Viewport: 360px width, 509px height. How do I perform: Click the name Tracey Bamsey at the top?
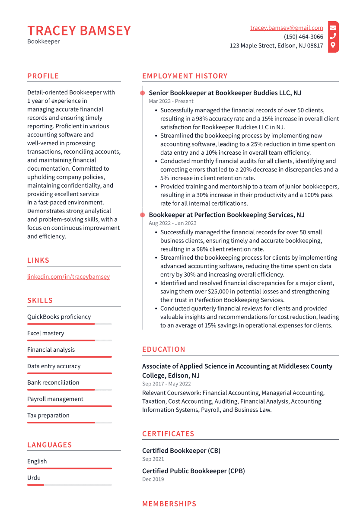[x=79, y=31]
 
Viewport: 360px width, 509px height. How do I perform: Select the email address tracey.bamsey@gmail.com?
[x=287, y=28]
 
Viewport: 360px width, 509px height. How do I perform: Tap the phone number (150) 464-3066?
[x=303, y=37]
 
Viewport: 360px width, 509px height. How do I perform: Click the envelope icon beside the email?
[x=333, y=28]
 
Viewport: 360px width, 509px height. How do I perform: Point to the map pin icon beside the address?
[x=333, y=45]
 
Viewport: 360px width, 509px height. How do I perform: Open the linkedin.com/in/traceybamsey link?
[x=68, y=277]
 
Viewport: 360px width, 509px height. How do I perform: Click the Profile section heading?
[x=43, y=76]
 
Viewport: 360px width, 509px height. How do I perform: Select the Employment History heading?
[x=185, y=76]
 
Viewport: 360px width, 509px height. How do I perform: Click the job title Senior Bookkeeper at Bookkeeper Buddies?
[x=225, y=93]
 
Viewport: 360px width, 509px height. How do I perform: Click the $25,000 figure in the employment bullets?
[x=220, y=292]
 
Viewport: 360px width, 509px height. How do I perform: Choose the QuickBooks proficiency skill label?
[x=59, y=317]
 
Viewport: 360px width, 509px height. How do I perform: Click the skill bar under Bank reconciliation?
[x=69, y=390]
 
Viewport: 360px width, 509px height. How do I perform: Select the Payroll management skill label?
[x=55, y=399]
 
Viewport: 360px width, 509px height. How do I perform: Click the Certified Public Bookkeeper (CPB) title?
[x=193, y=471]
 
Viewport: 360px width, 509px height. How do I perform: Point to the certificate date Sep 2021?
[x=153, y=459]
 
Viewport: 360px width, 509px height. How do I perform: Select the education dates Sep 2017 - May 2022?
[x=166, y=384]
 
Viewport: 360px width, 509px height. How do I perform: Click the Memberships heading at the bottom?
[x=169, y=504]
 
